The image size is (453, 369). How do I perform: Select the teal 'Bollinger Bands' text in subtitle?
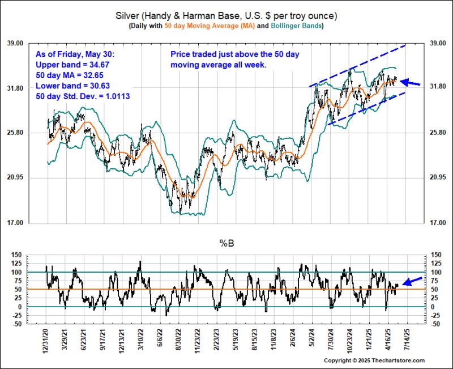(298, 26)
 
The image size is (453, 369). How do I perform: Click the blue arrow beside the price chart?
(411, 83)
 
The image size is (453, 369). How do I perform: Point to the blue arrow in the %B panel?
(412, 280)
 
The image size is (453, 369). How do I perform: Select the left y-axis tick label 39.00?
(31, 43)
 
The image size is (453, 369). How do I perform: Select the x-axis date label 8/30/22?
(178, 339)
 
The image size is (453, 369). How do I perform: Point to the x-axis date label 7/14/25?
(406, 339)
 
